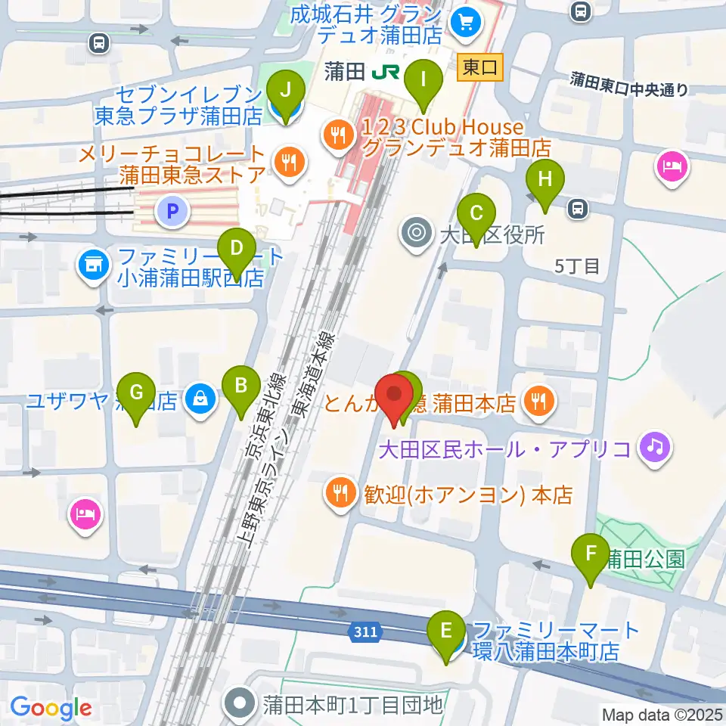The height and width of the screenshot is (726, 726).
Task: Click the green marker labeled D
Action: [x=237, y=248]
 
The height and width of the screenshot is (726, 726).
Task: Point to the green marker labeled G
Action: [x=137, y=393]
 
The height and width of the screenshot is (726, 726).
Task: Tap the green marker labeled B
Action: [x=241, y=386]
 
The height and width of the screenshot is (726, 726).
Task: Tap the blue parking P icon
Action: [x=172, y=212]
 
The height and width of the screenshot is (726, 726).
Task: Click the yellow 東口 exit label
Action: [x=480, y=68]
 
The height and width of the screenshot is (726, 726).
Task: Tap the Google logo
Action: [x=51, y=708]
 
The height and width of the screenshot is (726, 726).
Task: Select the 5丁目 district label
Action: [x=577, y=265]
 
